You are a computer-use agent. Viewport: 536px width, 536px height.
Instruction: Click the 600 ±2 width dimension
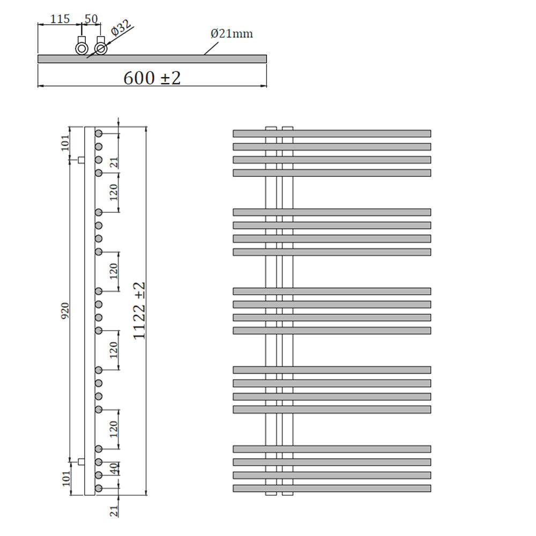tap(152, 78)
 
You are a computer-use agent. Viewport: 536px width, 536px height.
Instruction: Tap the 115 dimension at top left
tap(60, 19)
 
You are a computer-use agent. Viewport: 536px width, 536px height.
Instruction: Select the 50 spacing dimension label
tap(91, 19)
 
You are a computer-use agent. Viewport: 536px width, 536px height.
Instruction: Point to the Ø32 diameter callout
tap(121, 28)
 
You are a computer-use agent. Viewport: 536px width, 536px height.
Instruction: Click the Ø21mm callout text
tap(232, 33)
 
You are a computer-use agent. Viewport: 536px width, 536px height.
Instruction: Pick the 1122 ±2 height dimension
tap(139, 310)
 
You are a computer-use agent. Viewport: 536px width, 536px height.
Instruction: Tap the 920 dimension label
tap(65, 310)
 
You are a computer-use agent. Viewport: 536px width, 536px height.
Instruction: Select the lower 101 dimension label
tap(66, 478)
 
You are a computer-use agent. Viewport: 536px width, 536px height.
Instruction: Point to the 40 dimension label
tap(115, 468)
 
